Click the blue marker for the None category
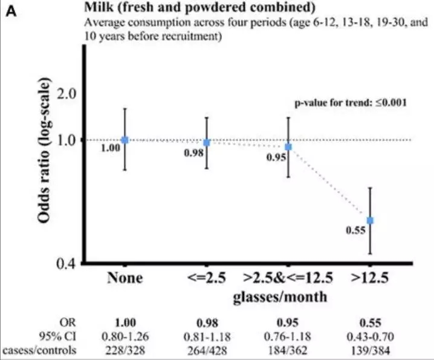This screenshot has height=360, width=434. pyautogui.click(x=125, y=140)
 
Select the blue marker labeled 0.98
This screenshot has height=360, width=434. pyautogui.click(x=206, y=142)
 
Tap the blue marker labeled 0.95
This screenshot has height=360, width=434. pyautogui.click(x=288, y=147)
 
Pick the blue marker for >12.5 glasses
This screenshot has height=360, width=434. pyautogui.click(x=370, y=220)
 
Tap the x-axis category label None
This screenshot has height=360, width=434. pyautogui.click(x=125, y=278)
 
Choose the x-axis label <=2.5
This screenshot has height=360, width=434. pyautogui.click(x=206, y=278)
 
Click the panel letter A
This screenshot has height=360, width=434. pyautogui.click(x=11, y=11)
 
